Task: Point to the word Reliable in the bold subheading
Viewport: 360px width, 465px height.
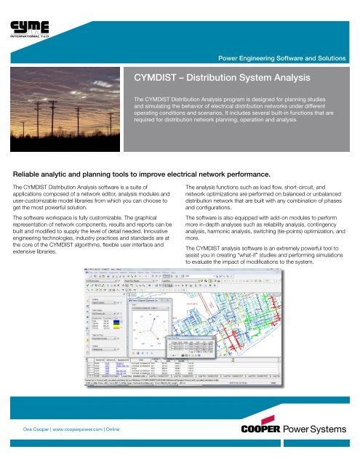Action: (31, 175)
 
